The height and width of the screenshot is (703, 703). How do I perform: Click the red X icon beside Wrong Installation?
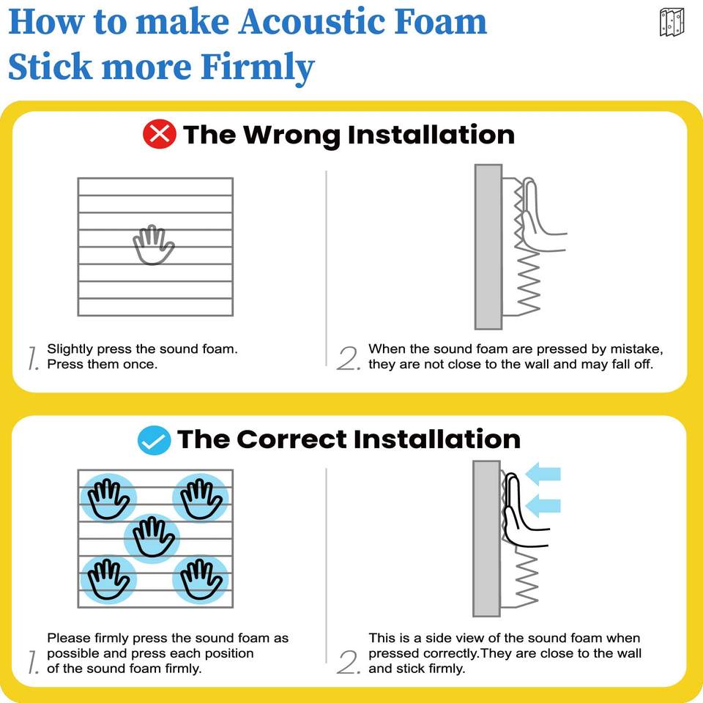(x=159, y=134)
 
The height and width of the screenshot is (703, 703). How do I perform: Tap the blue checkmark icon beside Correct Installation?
(x=154, y=440)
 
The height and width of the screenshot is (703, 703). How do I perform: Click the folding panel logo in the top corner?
(x=672, y=22)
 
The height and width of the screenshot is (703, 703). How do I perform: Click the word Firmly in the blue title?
(x=257, y=67)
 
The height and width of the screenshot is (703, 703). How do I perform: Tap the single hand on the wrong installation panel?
(x=153, y=245)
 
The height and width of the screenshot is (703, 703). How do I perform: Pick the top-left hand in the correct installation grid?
(x=108, y=499)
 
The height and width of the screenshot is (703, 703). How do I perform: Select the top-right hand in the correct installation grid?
(x=201, y=499)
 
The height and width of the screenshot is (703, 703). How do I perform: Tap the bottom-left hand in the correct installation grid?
(x=108, y=579)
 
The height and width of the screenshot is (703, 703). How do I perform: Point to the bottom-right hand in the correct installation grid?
(x=201, y=579)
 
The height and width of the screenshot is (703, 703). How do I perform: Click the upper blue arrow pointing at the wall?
(x=543, y=474)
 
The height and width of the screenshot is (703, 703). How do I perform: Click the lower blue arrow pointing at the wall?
(x=543, y=505)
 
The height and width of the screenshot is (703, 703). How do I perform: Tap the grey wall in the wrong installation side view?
(x=488, y=247)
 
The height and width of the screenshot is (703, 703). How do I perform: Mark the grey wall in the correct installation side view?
(x=486, y=538)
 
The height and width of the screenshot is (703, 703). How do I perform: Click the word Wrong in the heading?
(x=291, y=135)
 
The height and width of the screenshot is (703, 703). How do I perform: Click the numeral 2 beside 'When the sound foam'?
(x=349, y=359)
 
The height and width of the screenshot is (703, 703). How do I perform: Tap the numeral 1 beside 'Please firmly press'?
(x=33, y=662)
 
